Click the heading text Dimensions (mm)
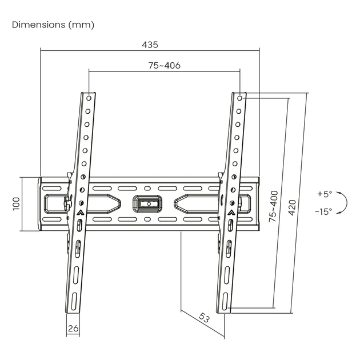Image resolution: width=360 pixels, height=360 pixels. (x=53, y=25)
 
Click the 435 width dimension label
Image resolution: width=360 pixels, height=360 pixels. (x=150, y=45)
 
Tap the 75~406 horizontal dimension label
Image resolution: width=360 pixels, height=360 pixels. (x=165, y=66)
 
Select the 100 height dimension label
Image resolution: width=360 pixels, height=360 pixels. (x=17, y=204)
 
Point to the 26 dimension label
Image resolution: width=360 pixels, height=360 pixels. (x=73, y=329)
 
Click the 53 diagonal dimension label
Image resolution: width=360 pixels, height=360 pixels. (x=204, y=318)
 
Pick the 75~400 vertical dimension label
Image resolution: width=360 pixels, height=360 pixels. (x=274, y=206)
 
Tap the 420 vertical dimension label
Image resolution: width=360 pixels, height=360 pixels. (x=292, y=207)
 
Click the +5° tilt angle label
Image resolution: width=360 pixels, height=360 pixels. (x=325, y=194)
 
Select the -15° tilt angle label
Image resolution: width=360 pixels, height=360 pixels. (x=323, y=211)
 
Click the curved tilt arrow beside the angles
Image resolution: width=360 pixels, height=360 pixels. (x=342, y=203)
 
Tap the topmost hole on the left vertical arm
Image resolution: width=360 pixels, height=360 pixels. (x=89, y=98)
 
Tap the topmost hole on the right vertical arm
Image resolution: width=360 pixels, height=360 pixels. (x=239, y=98)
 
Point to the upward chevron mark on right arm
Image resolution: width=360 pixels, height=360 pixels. (x=230, y=213)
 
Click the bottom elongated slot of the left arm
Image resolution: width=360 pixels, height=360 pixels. (x=74, y=301)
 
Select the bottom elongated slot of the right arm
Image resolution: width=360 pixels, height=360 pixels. (x=225, y=301)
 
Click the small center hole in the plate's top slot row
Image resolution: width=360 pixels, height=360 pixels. (x=147, y=189)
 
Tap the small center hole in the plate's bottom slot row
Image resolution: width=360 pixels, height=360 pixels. (x=147, y=219)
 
